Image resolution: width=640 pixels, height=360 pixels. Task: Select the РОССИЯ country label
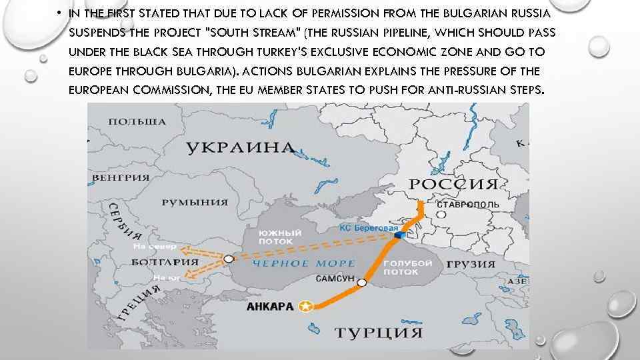click(x=453, y=184)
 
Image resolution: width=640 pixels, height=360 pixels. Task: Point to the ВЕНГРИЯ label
click(x=121, y=177)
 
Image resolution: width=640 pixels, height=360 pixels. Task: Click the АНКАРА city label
click(x=270, y=307)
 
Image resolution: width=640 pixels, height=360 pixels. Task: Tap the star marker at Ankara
click(x=306, y=307)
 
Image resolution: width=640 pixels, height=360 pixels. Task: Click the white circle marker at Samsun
click(x=362, y=284)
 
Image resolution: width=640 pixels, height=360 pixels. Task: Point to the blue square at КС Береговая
click(x=399, y=236)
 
